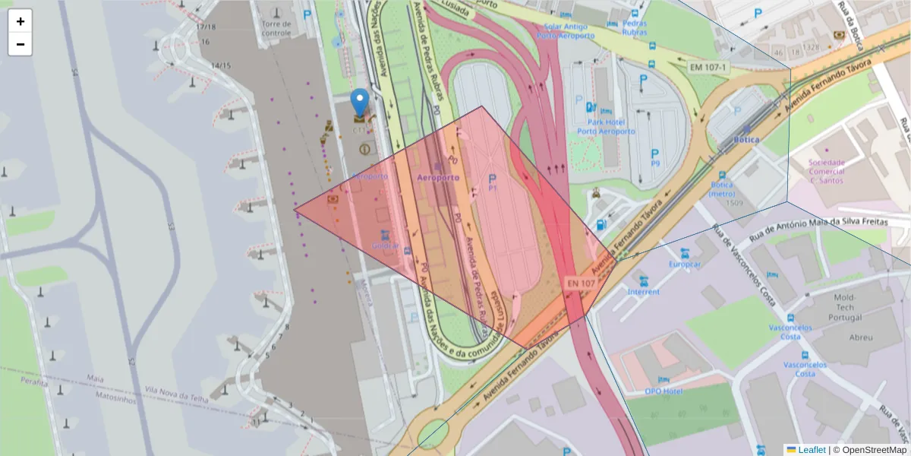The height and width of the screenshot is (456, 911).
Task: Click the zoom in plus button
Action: tap(20, 21)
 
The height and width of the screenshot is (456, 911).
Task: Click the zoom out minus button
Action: tap(20, 44)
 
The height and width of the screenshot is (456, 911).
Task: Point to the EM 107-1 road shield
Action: tap(708, 68)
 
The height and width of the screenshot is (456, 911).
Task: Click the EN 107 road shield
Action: tap(581, 283)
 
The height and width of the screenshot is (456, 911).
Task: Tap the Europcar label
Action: tap(685, 264)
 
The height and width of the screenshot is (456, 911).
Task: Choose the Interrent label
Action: tap(644, 292)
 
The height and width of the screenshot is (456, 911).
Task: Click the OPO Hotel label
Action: tap(664, 391)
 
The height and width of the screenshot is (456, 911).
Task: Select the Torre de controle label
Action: tap(276, 28)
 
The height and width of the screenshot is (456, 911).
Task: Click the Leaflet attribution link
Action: tap(812, 450)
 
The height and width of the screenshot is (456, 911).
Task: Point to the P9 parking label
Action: tap(655, 163)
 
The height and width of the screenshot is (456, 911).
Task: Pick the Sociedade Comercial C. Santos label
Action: tap(827, 171)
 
